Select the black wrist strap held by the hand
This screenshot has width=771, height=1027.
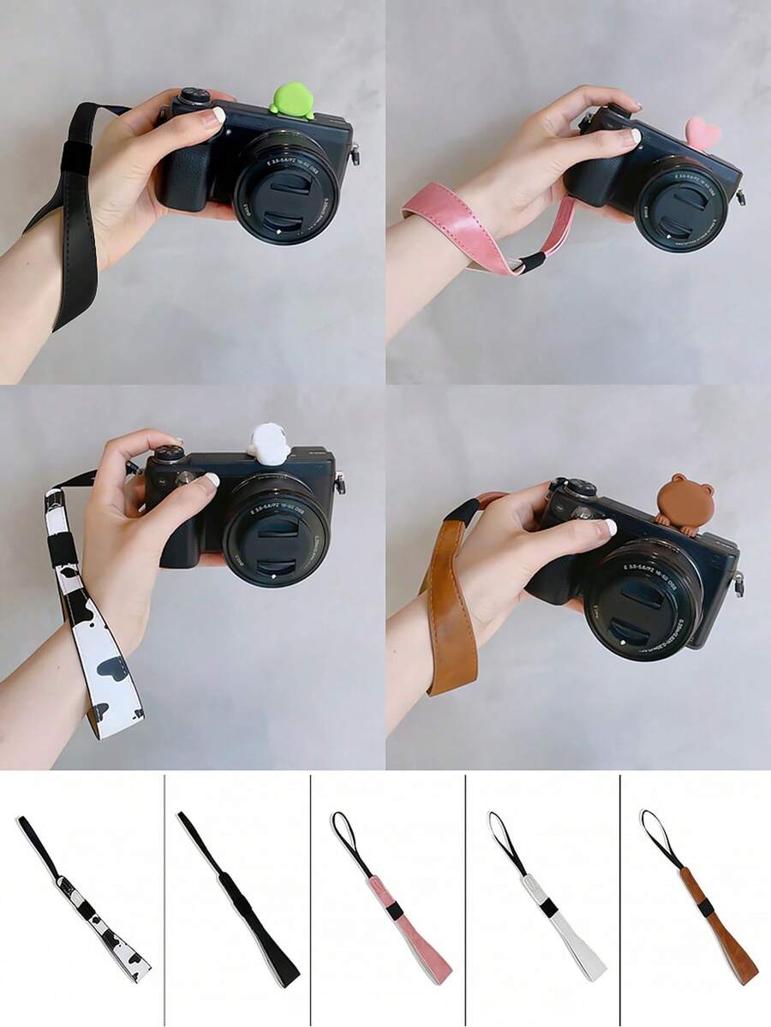pos(69,214)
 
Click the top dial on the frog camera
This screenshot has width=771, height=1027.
pos(191,96)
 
